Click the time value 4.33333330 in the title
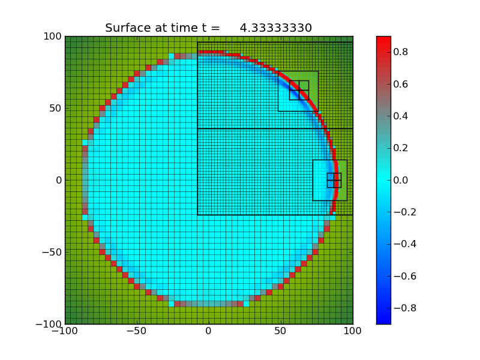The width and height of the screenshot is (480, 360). [x=275, y=28]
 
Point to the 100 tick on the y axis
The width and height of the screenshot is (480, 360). [x=53, y=37]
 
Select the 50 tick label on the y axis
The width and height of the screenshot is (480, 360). [x=55, y=109]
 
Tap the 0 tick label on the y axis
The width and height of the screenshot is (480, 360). [x=58, y=181]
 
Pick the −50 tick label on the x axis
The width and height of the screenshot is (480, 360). [x=137, y=332]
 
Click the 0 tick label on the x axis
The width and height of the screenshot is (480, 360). [x=209, y=332]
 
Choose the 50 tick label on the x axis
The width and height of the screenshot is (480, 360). [x=281, y=332]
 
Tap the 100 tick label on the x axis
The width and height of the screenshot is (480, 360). [x=353, y=332]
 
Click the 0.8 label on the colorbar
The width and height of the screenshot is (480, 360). [x=401, y=52]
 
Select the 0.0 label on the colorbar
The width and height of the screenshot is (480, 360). [x=401, y=180]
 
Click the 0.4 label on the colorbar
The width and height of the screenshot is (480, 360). [x=401, y=116]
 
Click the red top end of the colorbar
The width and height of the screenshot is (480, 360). [x=383, y=40]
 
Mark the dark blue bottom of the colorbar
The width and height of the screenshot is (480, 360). [x=383, y=320]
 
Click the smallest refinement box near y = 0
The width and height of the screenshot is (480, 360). [x=334, y=180]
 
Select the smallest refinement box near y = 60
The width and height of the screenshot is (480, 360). [x=299, y=90]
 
